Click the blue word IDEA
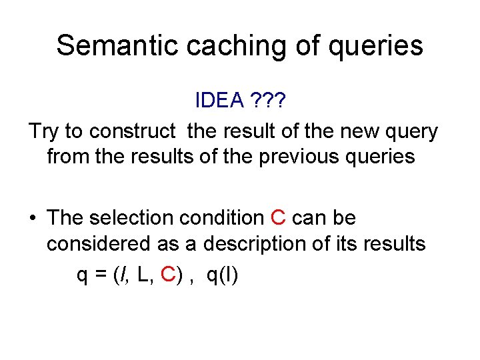(x=220, y=101)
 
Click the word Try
(x=44, y=131)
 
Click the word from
(x=65, y=157)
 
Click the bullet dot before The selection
(x=32, y=218)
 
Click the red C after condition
(x=278, y=218)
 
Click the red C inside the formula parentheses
(x=170, y=275)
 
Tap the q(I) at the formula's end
(x=222, y=275)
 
